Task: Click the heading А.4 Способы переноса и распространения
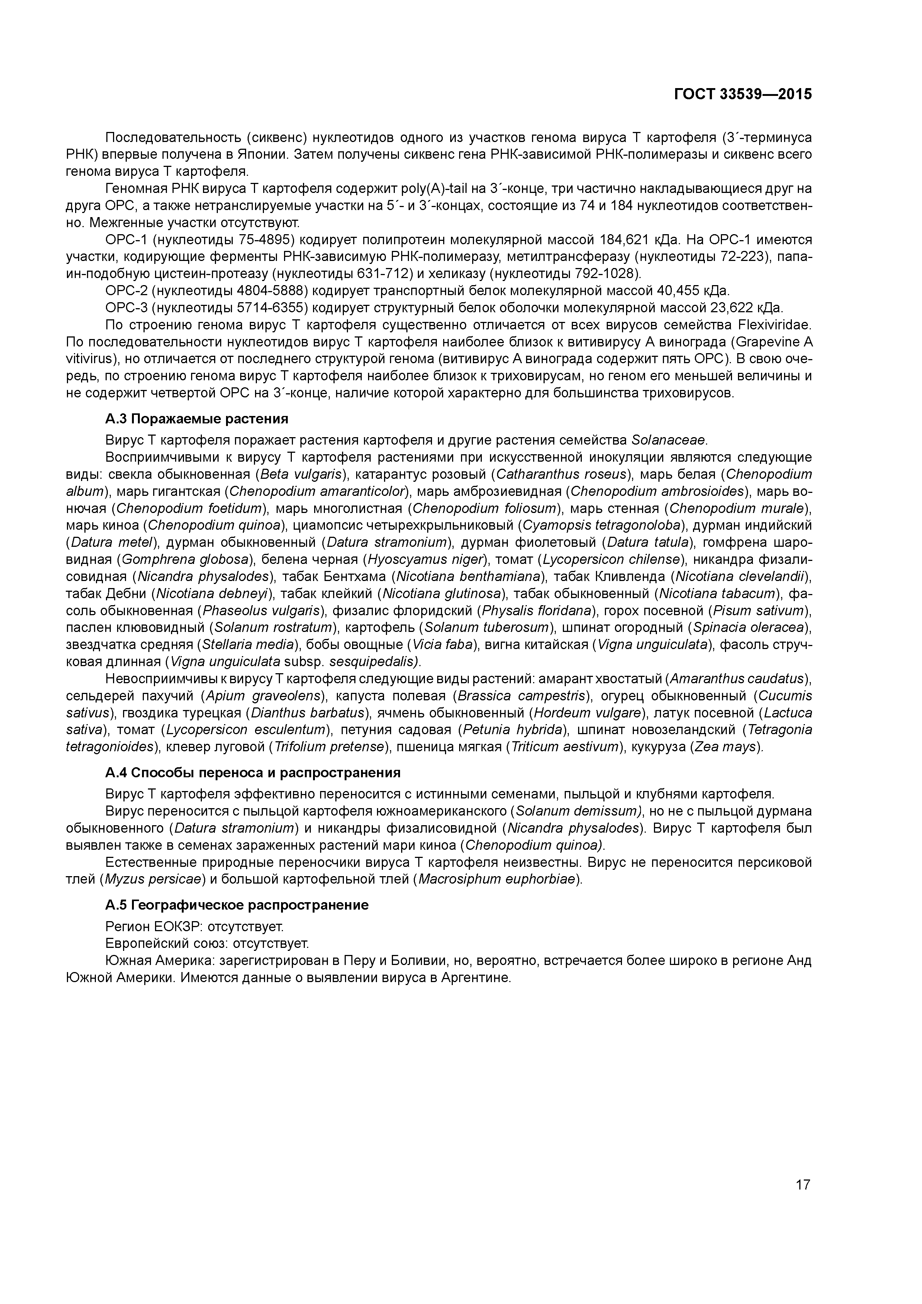pyautogui.click(x=253, y=772)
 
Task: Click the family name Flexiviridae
pyautogui.click(x=774, y=325)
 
